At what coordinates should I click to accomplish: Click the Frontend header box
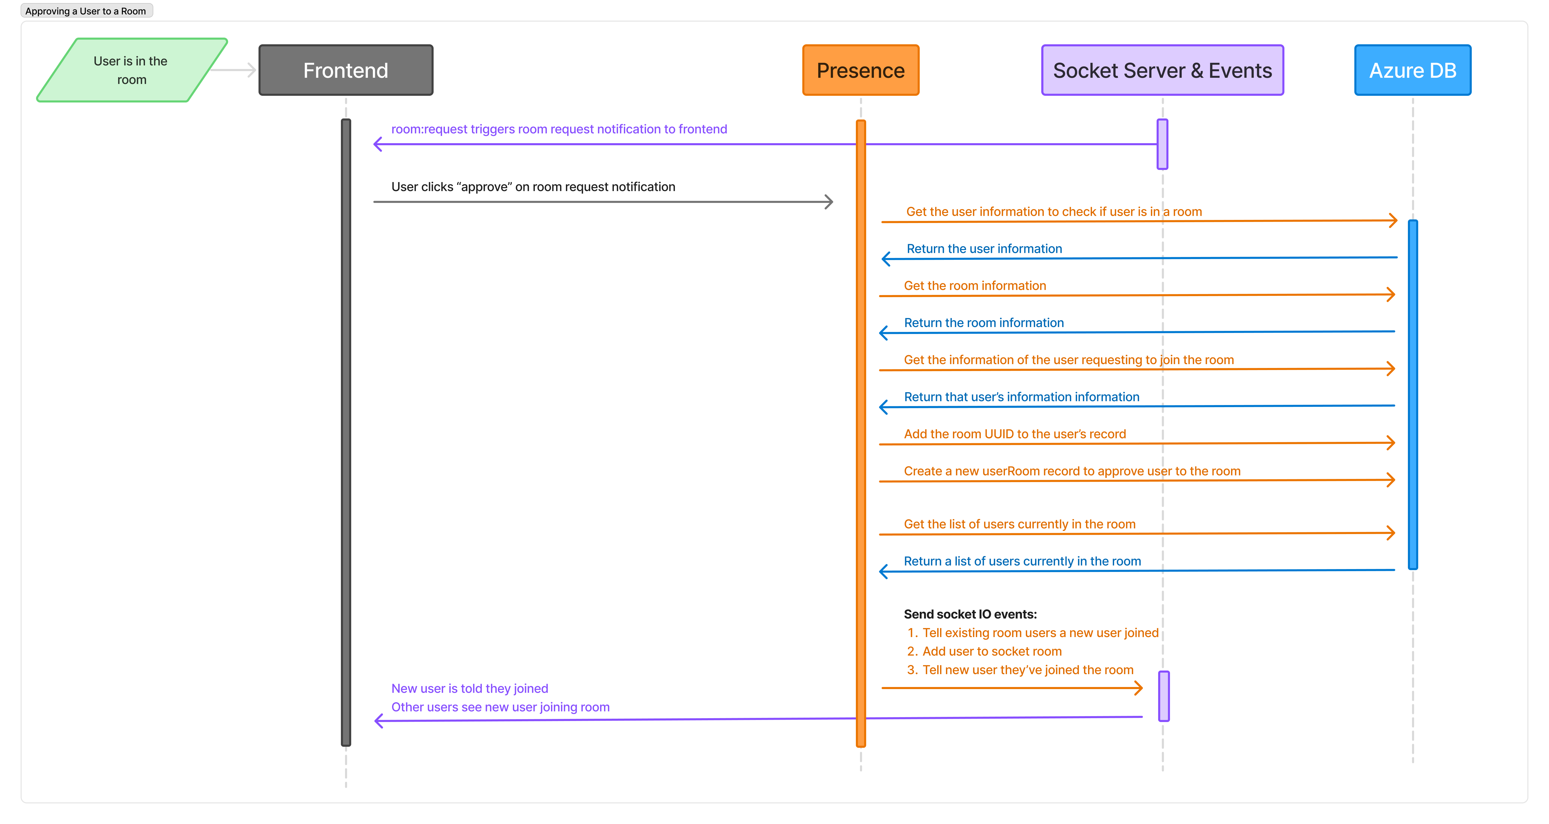pyautogui.click(x=346, y=70)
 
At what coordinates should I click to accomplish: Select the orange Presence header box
pyautogui.click(x=860, y=70)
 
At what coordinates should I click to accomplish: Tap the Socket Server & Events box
pyautogui.click(x=1162, y=70)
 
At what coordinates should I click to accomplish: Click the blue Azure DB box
pyautogui.click(x=1413, y=70)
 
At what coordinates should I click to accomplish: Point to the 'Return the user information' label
pyautogui.click(x=984, y=249)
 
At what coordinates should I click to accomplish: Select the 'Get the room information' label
pyautogui.click(x=975, y=286)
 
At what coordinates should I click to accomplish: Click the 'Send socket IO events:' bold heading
pyautogui.click(x=970, y=614)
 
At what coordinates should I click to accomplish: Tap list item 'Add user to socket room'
pyautogui.click(x=992, y=651)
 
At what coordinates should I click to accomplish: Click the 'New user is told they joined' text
pyautogui.click(x=470, y=689)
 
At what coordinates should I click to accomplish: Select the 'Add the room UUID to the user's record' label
pyautogui.click(x=1014, y=434)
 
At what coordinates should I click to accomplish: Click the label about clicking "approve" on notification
pyautogui.click(x=533, y=187)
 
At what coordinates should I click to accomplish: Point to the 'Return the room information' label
pyautogui.click(x=984, y=323)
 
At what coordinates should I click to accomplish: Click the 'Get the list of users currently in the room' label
pyautogui.click(x=1019, y=525)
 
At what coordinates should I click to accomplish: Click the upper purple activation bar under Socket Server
pyautogui.click(x=1162, y=144)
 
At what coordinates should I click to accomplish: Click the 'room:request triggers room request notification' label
pyautogui.click(x=559, y=129)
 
